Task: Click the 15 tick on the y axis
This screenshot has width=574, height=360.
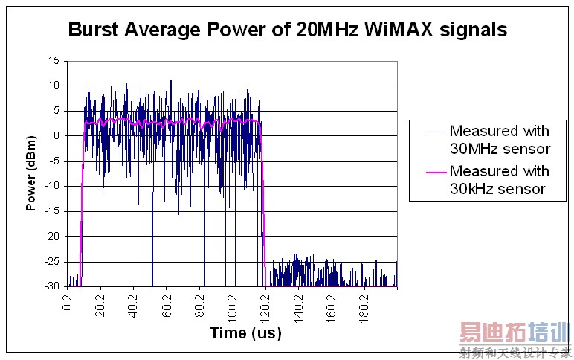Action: pyautogui.click(x=54, y=61)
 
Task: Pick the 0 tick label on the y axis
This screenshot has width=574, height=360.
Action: pyautogui.click(x=56, y=136)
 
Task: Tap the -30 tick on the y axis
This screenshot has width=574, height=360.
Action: pyautogui.click(x=51, y=286)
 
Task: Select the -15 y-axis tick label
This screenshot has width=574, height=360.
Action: pyautogui.click(x=51, y=211)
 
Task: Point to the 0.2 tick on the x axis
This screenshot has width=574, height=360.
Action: pyautogui.click(x=68, y=302)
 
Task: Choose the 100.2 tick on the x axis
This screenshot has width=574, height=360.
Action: pyautogui.click(x=233, y=305)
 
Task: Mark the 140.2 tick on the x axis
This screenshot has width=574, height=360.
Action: pyautogui.click(x=300, y=305)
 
